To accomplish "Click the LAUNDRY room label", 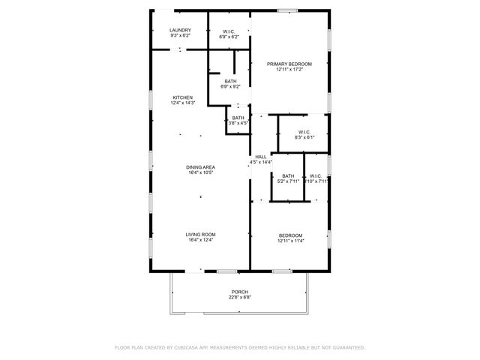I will pos(180,30).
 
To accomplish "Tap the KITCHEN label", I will pos(183,97).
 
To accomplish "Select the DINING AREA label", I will pos(200,167).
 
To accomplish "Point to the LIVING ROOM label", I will pos(200,235).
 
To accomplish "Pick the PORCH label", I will pos(239,292).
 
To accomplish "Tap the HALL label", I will pos(261,157).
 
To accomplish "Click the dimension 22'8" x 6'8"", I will pos(239,297).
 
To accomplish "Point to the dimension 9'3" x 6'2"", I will pos(180,35).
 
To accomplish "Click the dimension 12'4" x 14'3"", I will pos(183,103).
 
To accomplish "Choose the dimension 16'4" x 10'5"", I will pos(200,172).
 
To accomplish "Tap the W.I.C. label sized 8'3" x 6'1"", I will pos(304,132).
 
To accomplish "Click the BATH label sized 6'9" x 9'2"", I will pos(229,81).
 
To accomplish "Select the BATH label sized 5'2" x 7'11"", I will pos(288,175).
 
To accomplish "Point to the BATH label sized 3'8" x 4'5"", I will pos(238,118).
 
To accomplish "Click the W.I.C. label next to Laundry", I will pos(229,30).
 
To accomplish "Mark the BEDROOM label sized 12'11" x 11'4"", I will pos(290,235).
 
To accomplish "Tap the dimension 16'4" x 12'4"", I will pos(200,240).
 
